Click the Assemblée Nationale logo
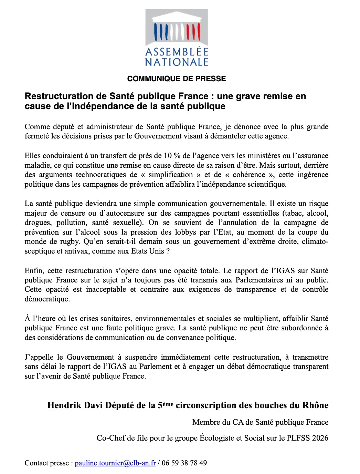(x=177, y=38)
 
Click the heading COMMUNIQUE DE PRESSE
(x=177, y=79)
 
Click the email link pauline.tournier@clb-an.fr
(x=115, y=463)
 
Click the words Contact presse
(x=46, y=463)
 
